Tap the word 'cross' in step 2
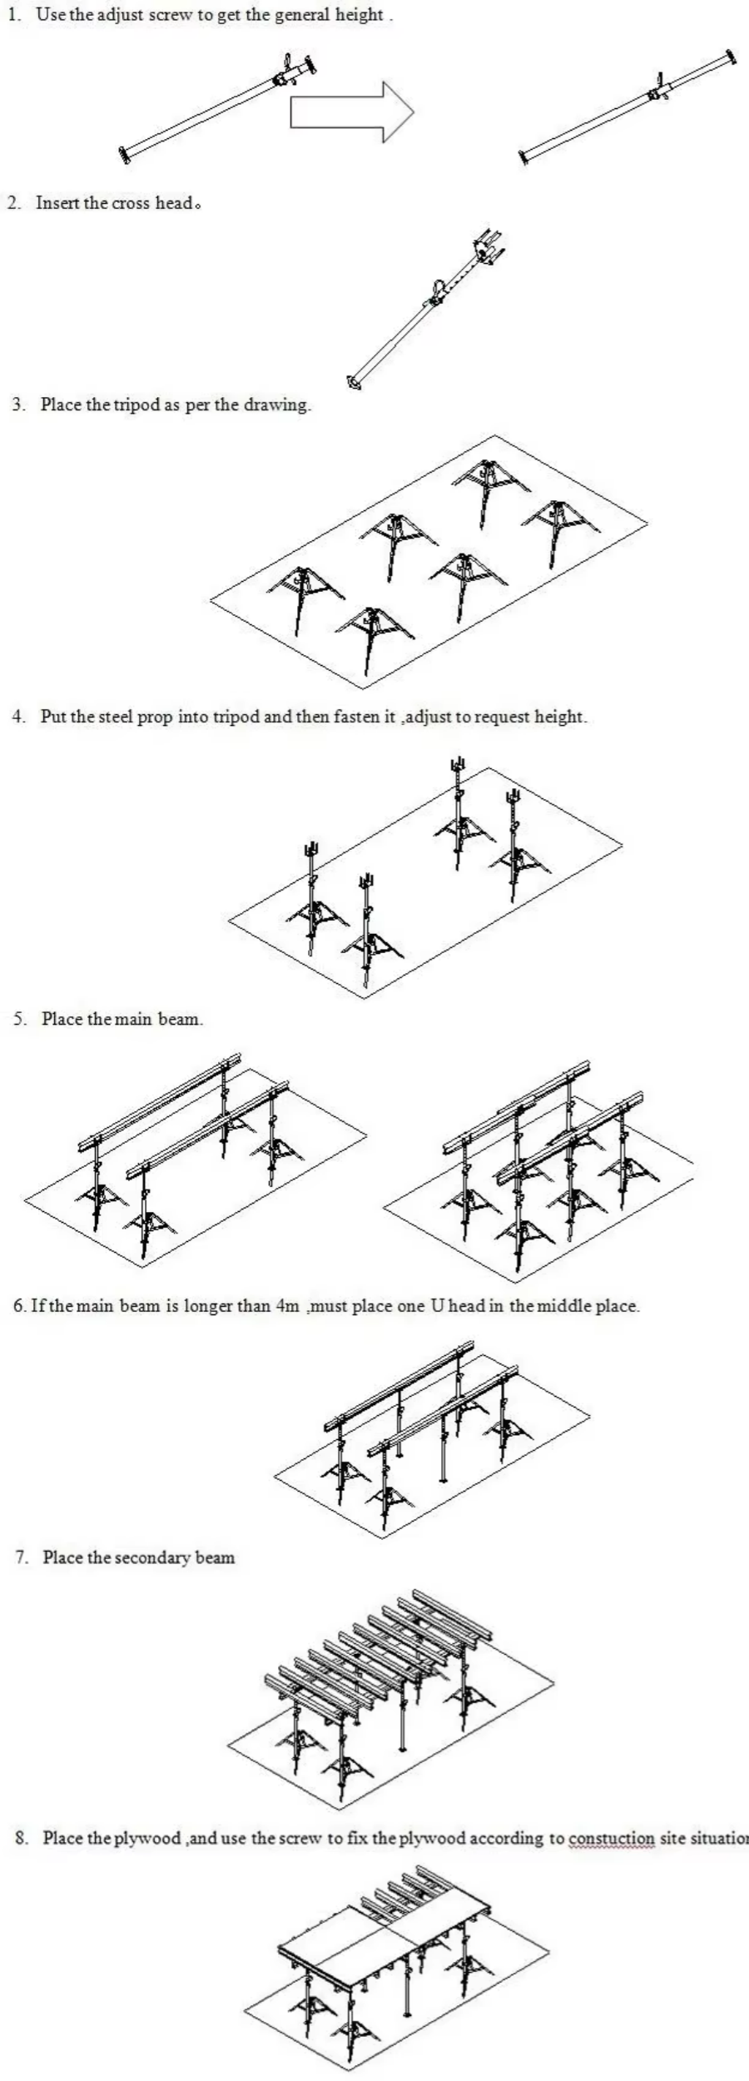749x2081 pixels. coord(131,203)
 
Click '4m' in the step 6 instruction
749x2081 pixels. coord(286,1305)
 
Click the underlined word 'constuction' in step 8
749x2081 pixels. coord(612,1838)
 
